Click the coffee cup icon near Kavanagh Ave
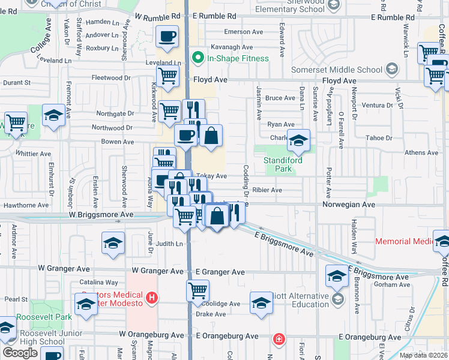tap(167, 37)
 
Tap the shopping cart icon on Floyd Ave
tap(167, 76)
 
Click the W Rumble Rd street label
tap(158, 17)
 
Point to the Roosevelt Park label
tap(36, 317)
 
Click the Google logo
tap(20, 352)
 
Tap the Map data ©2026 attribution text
tap(423, 355)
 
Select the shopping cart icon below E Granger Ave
tap(197, 291)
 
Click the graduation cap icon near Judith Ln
tap(113, 243)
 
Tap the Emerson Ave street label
tap(245, 31)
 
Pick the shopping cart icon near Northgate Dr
tap(170, 110)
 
